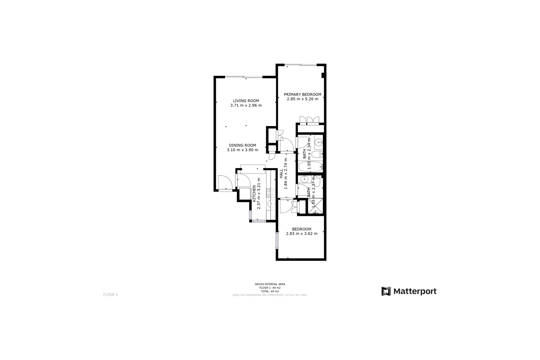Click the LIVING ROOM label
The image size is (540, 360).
click(246, 101)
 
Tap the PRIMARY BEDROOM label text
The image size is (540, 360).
click(302, 94)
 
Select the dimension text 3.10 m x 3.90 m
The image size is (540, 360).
click(242, 150)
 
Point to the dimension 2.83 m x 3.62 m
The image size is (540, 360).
click(301, 233)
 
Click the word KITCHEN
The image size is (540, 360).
click(254, 193)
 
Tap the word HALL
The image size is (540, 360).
click(281, 173)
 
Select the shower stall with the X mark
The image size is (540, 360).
click(316, 206)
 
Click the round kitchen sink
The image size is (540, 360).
click(271, 203)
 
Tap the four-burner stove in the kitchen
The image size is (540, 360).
click(271, 193)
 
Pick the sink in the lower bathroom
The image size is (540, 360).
click(304, 179)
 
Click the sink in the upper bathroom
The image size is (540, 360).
click(318, 142)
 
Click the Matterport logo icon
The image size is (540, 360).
click(386, 291)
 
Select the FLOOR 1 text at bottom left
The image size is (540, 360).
click(111, 295)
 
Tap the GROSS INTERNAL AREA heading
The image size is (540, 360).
click(270, 284)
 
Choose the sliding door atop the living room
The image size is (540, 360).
click(244, 77)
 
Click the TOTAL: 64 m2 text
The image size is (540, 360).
click(270, 291)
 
